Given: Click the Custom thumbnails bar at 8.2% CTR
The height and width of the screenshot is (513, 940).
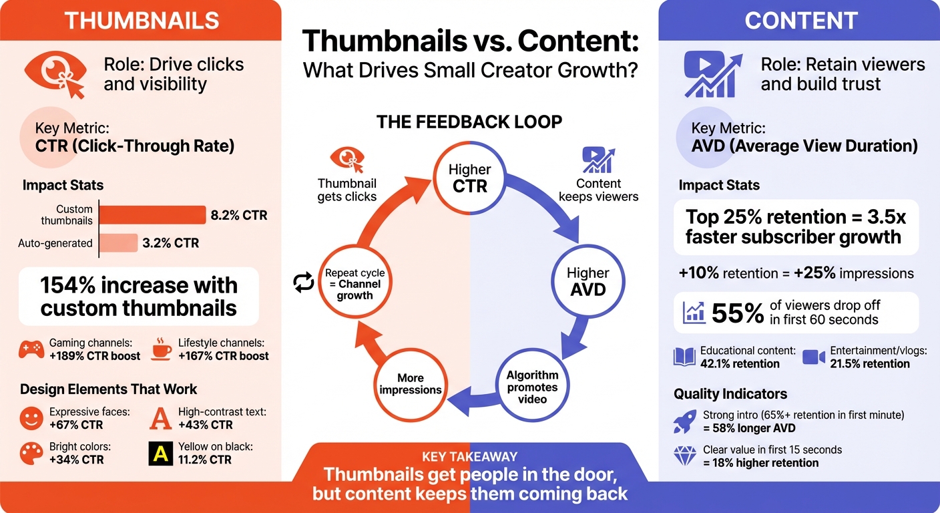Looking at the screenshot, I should [152, 214].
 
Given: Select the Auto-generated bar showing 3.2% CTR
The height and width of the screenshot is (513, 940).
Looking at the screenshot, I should [118, 243].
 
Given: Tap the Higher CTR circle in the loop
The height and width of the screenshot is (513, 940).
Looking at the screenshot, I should [469, 178].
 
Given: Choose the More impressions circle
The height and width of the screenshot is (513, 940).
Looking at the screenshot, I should [411, 383].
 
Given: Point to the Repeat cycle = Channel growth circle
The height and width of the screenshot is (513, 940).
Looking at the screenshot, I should [355, 283].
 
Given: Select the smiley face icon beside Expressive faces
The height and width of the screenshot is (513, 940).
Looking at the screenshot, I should [31, 419].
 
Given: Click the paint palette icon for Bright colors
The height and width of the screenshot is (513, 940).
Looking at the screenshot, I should [31, 454].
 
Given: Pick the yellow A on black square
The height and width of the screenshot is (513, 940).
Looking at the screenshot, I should [160, 454].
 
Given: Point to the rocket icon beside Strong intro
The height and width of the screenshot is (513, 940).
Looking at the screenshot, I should [685, 421].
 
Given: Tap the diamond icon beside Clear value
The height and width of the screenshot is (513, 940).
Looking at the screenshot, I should [685, 456].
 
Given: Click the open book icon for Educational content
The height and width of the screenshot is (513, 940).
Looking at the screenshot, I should [684, 357].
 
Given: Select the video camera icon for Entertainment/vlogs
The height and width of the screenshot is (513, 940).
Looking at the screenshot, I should [814, 357].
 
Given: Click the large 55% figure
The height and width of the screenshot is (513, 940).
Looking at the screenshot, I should [737, 313].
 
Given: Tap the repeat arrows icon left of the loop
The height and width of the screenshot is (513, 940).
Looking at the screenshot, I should [304, 283].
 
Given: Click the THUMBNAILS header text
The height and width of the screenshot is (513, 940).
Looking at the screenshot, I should [141, 20].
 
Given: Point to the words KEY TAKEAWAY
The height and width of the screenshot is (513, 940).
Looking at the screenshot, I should [470, 457].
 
